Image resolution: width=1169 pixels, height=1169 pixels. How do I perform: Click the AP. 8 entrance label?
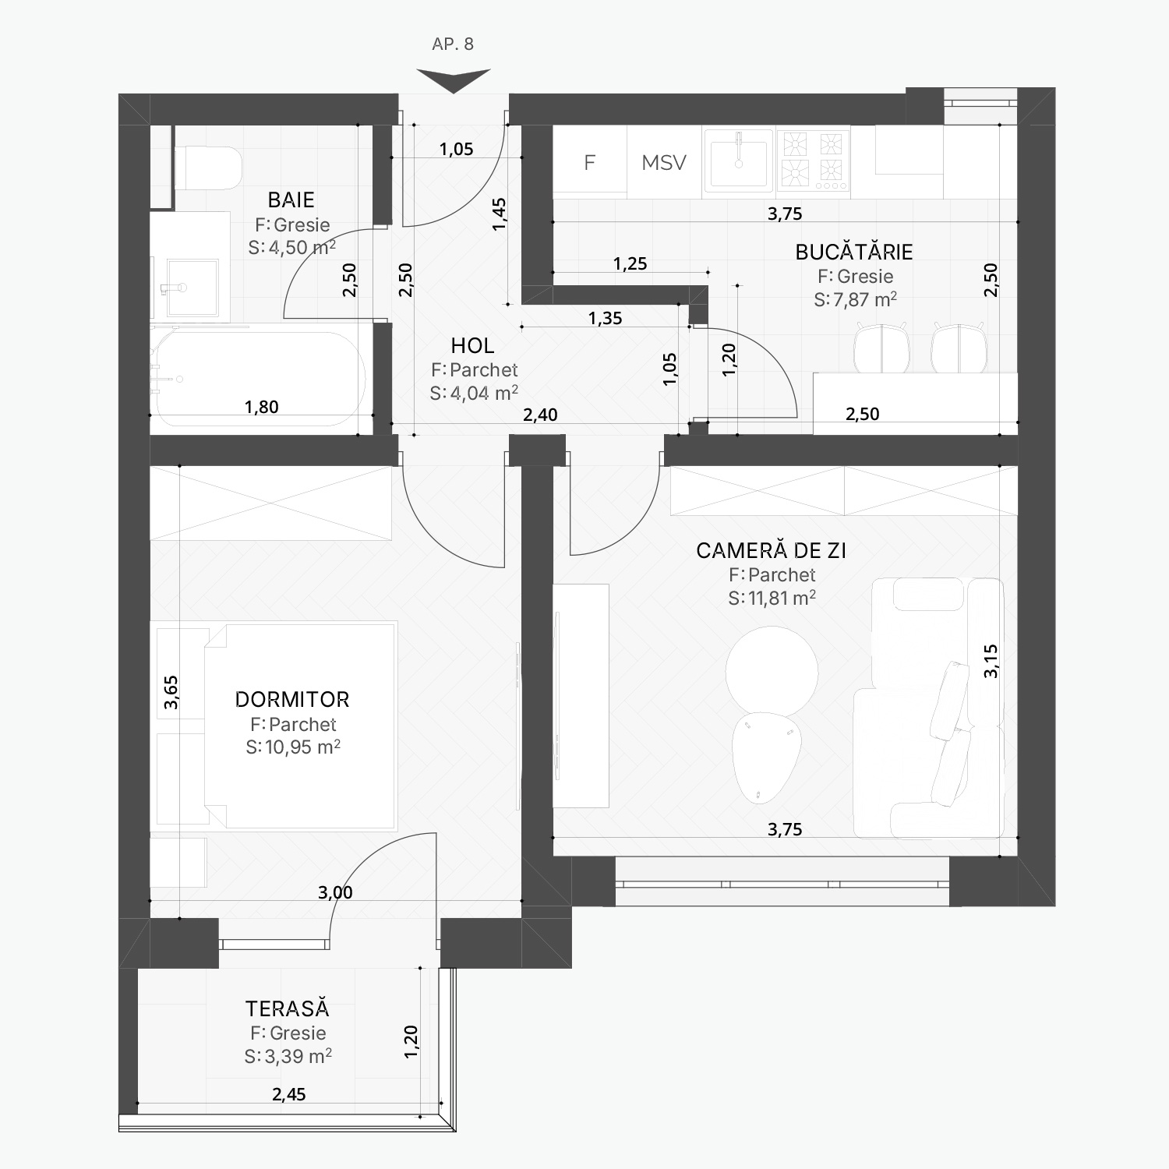tap(453, 44)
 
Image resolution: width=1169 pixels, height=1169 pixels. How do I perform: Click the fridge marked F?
tap(590, 161)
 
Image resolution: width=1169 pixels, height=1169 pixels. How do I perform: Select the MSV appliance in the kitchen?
tap(664, 162)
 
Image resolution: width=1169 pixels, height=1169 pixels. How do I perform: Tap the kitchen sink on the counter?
tap(739, 161)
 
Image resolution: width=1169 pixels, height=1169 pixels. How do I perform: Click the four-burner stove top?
tap(813, 161)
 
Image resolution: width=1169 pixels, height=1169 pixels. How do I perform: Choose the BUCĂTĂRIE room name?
tap(854, 252)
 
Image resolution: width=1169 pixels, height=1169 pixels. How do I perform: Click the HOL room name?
tap(472, 345)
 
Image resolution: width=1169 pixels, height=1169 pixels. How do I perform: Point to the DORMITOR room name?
tap(292, 699)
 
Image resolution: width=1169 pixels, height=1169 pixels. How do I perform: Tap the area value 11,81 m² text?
tap(772, 598)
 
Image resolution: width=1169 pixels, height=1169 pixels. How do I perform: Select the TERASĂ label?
tap(288, 1008)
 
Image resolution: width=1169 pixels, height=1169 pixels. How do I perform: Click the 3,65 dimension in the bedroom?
tap(171, 692)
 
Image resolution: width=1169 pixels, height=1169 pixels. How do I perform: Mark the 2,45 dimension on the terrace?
tap(289, 1094)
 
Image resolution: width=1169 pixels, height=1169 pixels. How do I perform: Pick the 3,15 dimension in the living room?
tap(991, 661)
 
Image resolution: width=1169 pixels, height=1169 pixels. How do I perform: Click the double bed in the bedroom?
tap(300, 725)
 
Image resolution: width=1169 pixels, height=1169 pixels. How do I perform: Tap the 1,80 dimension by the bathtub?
tap(261, 407)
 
